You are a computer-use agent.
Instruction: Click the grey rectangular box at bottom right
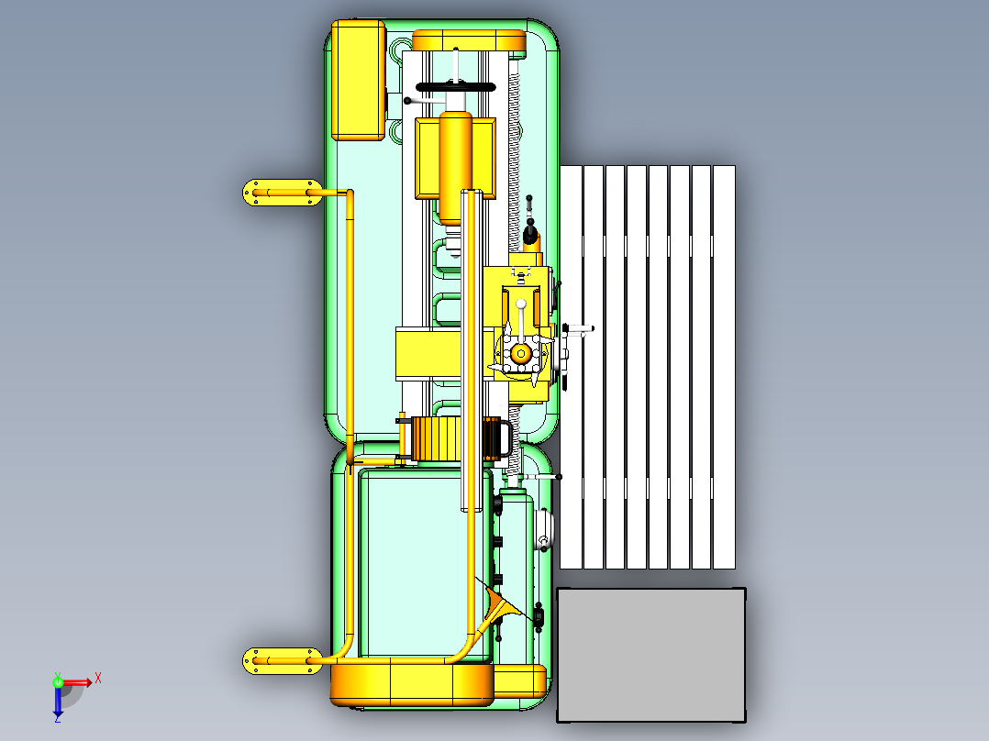pyautogui.click(x=651, y=654)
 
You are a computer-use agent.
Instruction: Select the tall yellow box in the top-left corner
pyautogui.click(x=357, y=81)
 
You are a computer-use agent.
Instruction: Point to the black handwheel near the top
pyautogui.click(x=455, y=86)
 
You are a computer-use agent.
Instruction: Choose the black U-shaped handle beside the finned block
pyautogui.click(x=500, y=437)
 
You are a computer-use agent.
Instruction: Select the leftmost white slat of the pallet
pyautogui.click(x=571, y=367)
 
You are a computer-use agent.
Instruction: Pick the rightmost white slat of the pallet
pyautogui.click(x=724, y=367)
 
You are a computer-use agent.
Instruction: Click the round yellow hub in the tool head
pyautogui.click(x=521, y=353)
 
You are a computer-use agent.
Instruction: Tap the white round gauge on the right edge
pyautogui.click(x=545, y=529)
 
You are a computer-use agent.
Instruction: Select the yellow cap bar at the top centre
pyautogui.click(x=469, y=40)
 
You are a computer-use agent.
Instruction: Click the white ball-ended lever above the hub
pyautogui.click(x=521, y=312)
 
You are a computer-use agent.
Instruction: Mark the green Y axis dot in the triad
pyautogui.click(x=57, y=681)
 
